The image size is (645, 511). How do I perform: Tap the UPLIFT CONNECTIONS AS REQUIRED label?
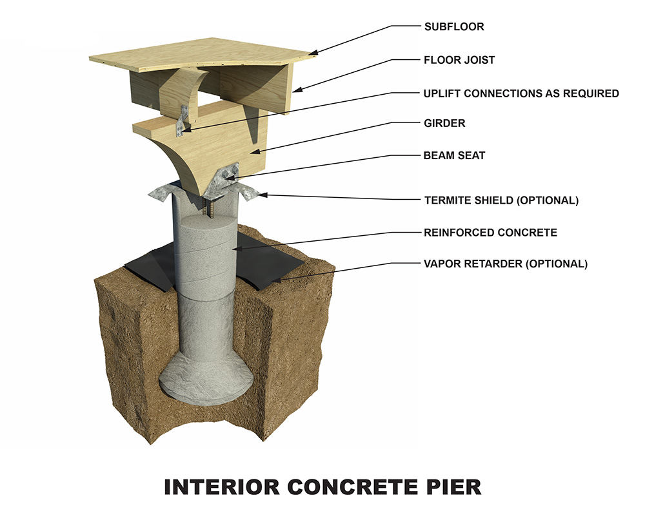(521, 93)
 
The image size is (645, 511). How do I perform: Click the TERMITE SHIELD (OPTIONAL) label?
(501, 200)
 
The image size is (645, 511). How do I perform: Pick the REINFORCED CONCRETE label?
(490, 232)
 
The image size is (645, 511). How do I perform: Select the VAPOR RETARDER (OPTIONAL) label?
(506, 264)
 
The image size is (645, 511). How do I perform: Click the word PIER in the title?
(451, 487)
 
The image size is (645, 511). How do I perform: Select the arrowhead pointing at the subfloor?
(312, 55)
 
